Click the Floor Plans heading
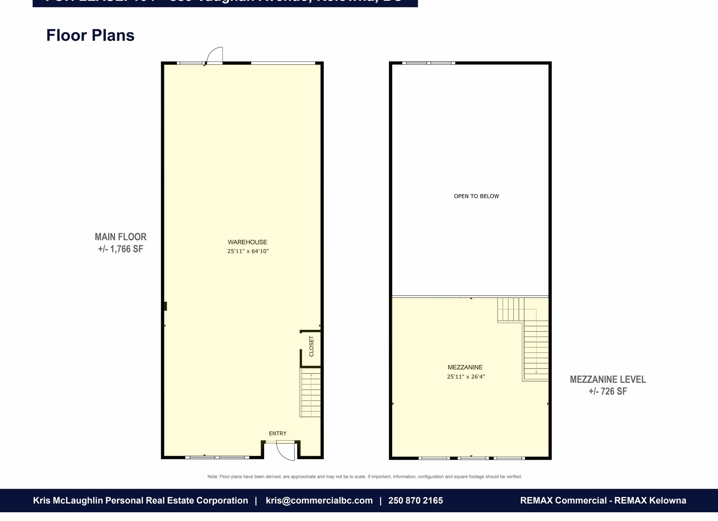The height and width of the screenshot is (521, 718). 90,35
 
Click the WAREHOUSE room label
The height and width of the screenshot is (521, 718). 247,242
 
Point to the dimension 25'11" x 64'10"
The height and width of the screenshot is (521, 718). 248,251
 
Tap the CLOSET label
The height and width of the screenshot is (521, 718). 311,346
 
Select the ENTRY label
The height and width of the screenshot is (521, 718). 278,434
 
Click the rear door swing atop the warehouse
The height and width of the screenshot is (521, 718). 215,55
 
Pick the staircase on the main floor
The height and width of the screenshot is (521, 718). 311,394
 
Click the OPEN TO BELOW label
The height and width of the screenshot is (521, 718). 476,196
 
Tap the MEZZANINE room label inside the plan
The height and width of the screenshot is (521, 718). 465,367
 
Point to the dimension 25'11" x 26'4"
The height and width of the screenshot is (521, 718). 466,377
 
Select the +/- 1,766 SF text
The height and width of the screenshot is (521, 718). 120,249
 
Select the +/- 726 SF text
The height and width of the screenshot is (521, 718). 608,392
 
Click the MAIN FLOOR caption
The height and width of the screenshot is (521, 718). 120,237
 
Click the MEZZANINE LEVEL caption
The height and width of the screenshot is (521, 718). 608,379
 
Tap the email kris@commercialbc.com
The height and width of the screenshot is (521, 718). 319,501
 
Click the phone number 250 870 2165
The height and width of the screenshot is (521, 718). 415,501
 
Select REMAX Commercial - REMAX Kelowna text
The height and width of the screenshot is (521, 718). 603,501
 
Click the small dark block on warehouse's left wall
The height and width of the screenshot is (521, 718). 165,306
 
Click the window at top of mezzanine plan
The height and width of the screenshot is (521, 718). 428,63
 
